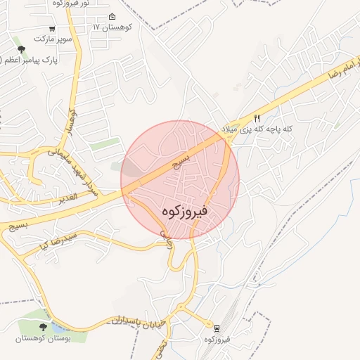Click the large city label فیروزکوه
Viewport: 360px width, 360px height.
point(181,210)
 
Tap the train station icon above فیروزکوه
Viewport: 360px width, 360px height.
point(215,327)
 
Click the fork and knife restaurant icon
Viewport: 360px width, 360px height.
point(257,120)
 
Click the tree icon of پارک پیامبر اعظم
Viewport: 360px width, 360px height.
point(22,49)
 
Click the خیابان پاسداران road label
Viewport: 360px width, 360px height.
point(136,321)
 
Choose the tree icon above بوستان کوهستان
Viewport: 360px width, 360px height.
point(44,326)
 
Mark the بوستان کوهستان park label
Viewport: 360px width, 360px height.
point(44,339)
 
